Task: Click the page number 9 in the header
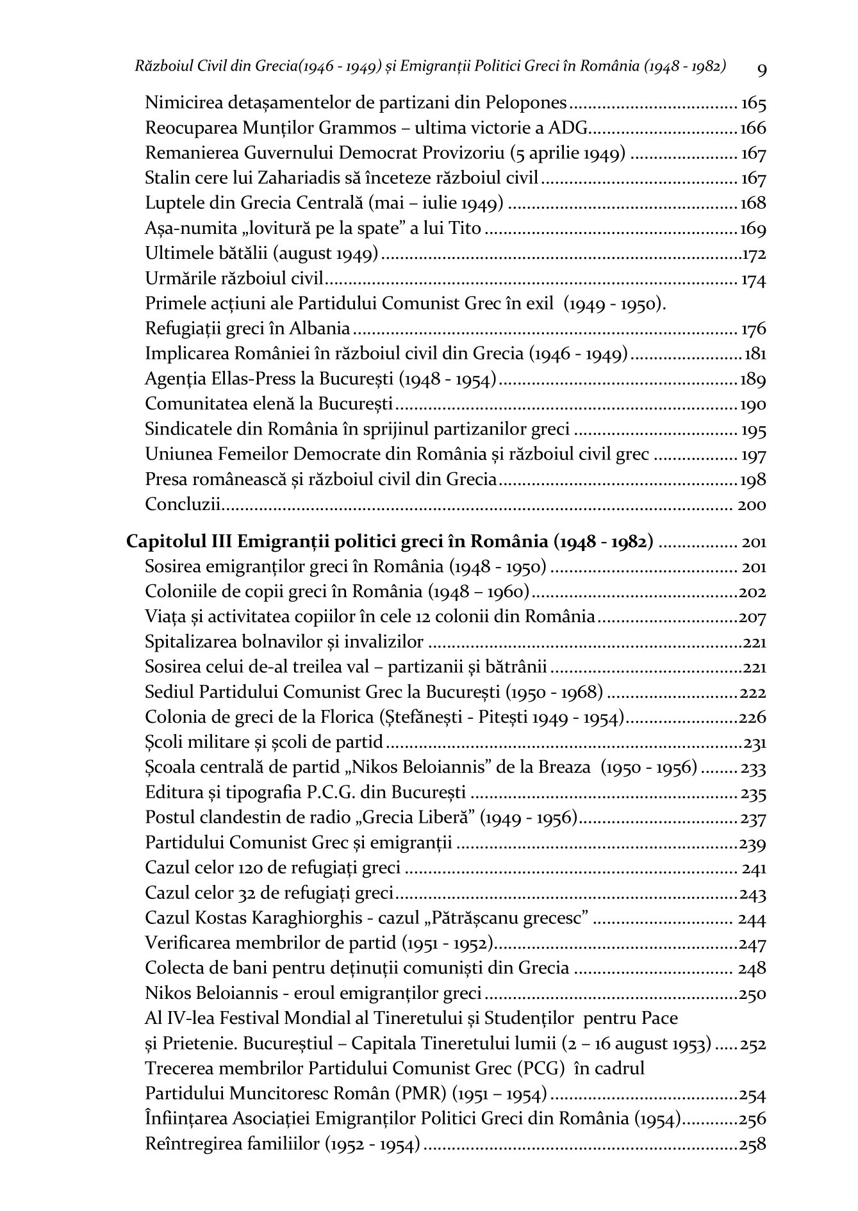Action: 762,69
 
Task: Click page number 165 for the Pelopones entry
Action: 754,103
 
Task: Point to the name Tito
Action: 464,228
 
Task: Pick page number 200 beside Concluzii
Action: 752,505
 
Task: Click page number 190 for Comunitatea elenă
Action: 753,405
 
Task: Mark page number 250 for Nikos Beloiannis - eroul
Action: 753,994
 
